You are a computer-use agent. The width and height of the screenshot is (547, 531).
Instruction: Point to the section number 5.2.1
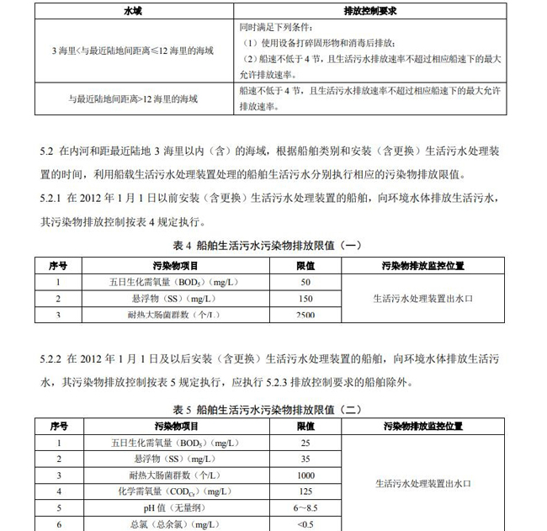click(x=51, y=199)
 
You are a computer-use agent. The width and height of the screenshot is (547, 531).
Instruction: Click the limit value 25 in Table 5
click(x=305, y=443)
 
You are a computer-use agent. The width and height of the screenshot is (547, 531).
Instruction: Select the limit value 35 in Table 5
click(x=305, y=459)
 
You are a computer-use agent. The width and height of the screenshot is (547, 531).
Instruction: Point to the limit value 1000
click(x=305, y=475)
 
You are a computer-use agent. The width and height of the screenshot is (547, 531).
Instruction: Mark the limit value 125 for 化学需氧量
click(x=305, y=491)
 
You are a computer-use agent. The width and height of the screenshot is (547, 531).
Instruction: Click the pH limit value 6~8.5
click(x=305, y=508)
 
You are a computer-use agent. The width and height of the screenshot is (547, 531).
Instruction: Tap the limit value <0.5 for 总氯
click(x=305, y=524)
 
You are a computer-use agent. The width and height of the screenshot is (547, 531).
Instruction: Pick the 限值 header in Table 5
click(x=305, y=427)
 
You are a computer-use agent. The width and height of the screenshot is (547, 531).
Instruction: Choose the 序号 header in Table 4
click(x=58, y=265)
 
